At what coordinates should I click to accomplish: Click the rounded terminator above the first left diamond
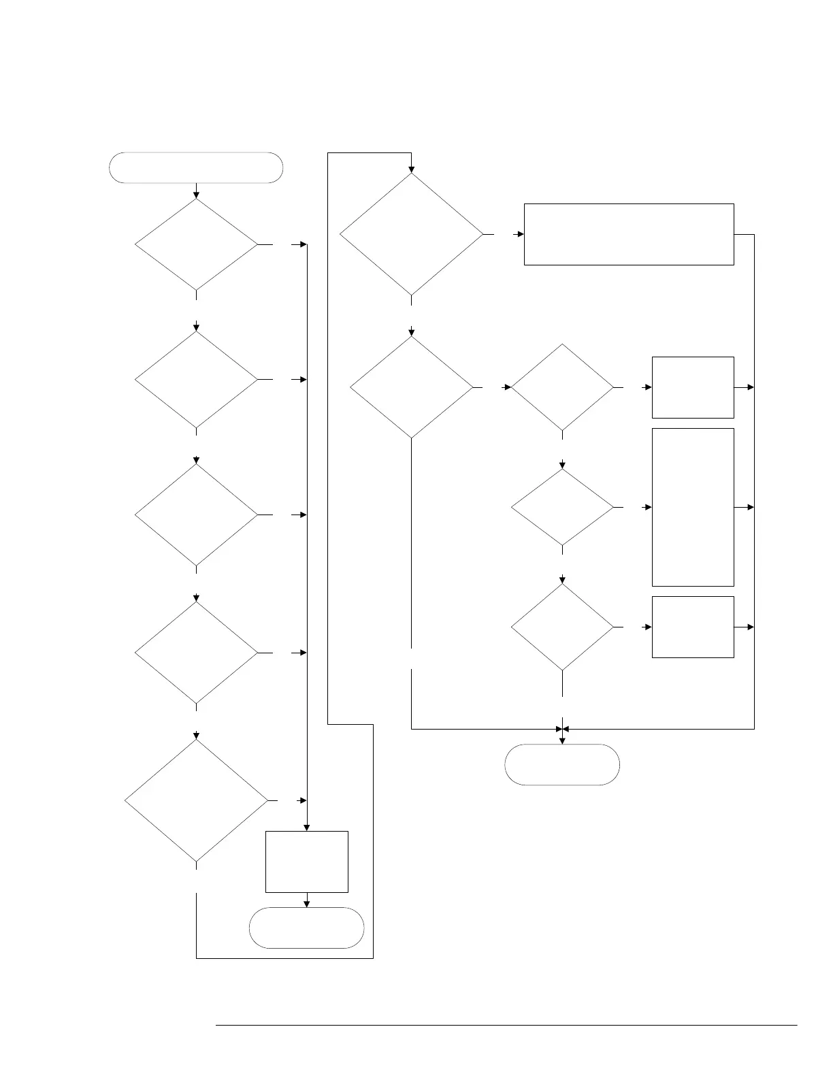(196, 167)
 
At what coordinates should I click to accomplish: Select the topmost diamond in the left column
(196, 244)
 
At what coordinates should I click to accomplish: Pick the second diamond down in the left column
(196, 379)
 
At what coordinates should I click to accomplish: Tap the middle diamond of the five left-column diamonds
(196, 514)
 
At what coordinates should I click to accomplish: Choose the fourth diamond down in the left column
(196, 653)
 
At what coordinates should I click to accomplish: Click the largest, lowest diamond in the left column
(196, 800)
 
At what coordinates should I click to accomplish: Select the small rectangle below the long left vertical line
(306, 861)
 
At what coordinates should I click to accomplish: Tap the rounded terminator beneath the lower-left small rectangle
(306, 927)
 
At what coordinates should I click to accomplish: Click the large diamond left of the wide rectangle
(411, 234)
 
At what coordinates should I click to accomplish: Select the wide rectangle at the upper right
(629, 234)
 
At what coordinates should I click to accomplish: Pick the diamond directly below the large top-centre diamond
(411, 387)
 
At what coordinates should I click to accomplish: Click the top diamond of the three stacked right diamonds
(562, 387)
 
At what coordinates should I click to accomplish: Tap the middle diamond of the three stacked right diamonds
(562, 507)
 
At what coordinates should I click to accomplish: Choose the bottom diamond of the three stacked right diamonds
(562, 627)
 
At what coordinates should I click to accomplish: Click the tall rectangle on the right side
(693, 507)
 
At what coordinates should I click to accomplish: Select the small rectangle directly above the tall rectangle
(693, 387)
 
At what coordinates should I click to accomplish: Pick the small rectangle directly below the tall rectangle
(693, 627)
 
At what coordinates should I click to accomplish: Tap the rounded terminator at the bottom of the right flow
(562, 764)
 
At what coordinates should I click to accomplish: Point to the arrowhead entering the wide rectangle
(521, 234)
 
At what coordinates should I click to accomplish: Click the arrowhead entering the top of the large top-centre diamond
(411, 169)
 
